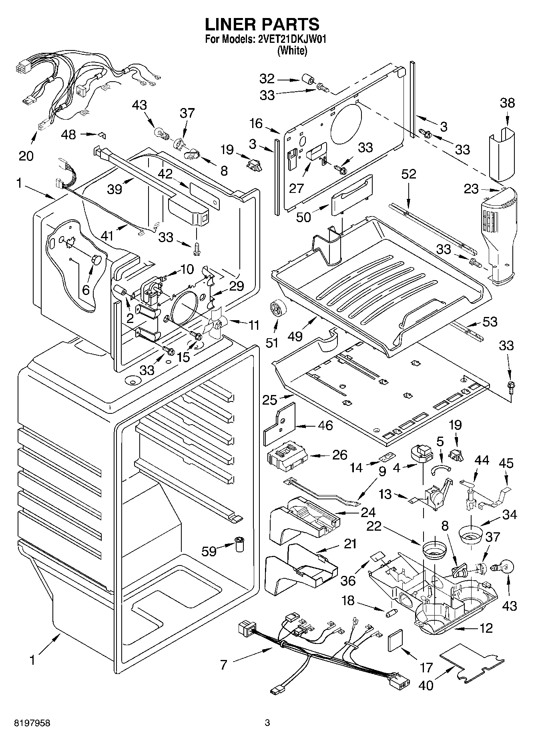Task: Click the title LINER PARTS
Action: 262,24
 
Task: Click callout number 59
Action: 209,551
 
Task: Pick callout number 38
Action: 507,103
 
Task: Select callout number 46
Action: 325,425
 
